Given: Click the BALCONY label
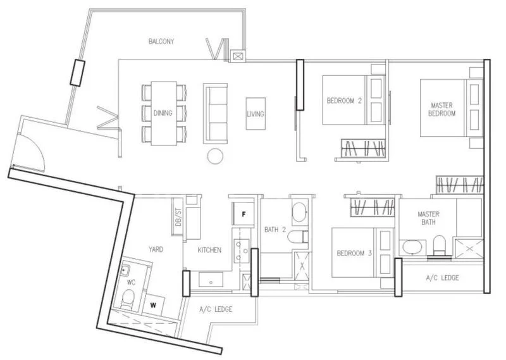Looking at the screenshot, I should (x=161, y=42).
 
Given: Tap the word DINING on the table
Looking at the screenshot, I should (x=163, y=114).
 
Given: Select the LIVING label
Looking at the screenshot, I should (x=256, y=115).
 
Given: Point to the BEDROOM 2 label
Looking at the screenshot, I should (x=344, y=101).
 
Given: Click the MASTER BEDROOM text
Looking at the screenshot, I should (x=443, y=109).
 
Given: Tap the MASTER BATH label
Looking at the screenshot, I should (x=428, y=218).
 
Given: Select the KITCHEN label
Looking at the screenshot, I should (x=209, y=251).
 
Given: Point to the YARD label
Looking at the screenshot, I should (x=156, y=250).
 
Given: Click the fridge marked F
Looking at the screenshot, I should (x=242, y=213).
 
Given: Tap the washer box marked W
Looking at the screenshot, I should (x=153, y=304).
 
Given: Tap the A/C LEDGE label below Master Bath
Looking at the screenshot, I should (x=442, y=278).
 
